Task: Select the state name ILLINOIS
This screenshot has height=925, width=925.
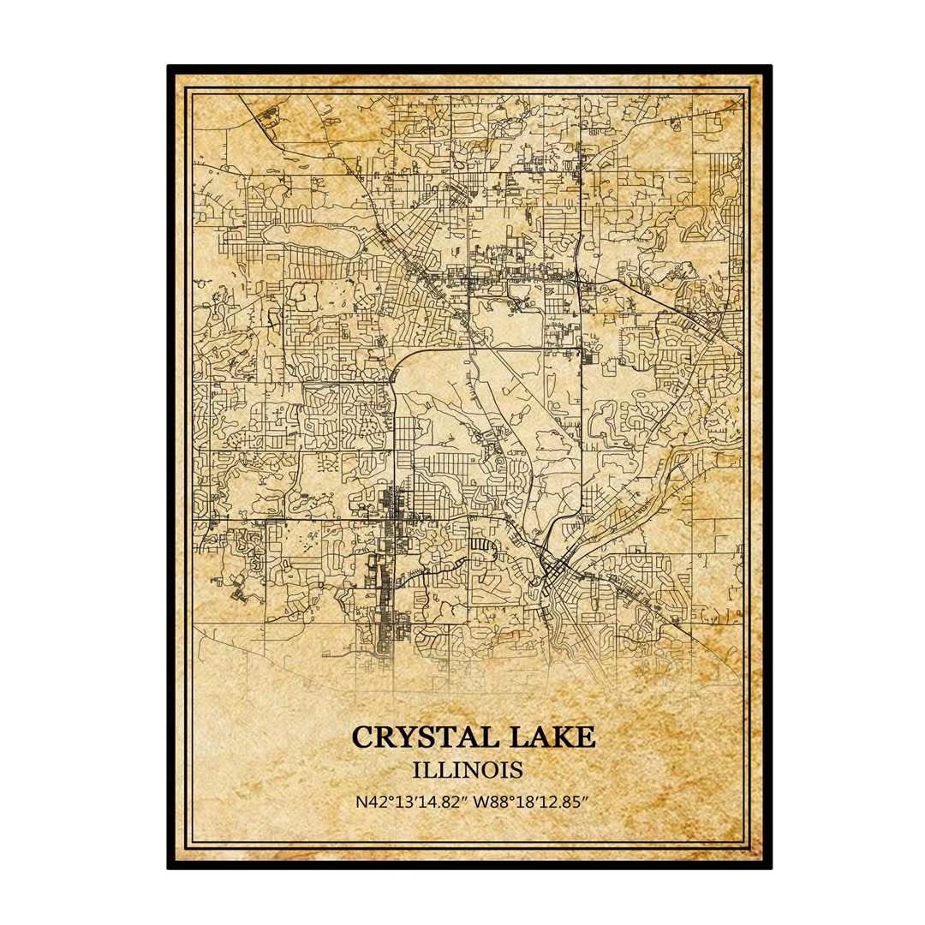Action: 468,769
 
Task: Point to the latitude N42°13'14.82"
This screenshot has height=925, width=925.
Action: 404,803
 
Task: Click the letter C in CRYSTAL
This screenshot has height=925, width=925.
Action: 361,737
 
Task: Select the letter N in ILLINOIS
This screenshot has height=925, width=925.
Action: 474,769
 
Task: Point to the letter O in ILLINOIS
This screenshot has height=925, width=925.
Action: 491,769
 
